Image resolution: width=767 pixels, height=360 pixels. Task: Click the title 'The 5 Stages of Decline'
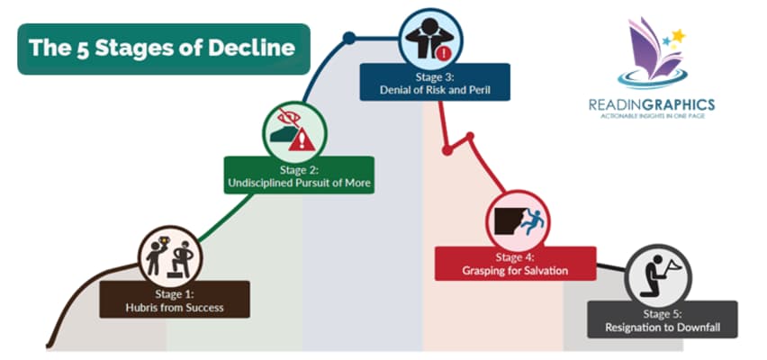[x=162, y=49]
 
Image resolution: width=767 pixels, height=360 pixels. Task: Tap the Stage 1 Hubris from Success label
[x=175, y=300]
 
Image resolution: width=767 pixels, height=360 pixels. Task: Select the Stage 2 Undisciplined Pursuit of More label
[x=298, y=175]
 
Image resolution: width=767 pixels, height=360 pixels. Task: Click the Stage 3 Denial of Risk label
[x=435, y=82]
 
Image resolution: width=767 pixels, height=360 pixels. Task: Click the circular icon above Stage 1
[x=170, y=256]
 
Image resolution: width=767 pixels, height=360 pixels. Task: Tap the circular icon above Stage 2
[x=293, y=131]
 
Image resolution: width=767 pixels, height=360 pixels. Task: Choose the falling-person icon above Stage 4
[x=517, y=219]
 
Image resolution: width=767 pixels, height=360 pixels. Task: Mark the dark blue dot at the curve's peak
[x=348, y=38]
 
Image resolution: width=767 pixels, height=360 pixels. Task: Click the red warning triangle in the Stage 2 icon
[x=306, y=139]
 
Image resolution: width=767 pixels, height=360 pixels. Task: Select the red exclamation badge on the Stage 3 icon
[x=444, y=51]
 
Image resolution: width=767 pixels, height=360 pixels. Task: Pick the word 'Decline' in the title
[x=249, y=49]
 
